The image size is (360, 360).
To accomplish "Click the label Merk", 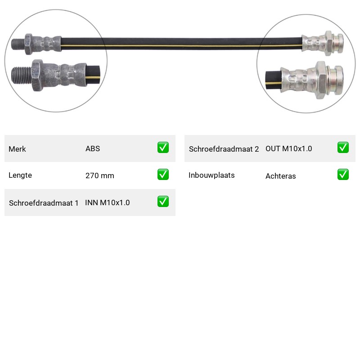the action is coord(17,149).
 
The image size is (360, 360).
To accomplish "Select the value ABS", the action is coord(93,148).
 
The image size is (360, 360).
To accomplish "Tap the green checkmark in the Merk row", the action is coord(163,148).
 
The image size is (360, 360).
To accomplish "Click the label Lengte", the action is coord(20,175).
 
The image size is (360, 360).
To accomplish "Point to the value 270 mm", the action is coord(100,175).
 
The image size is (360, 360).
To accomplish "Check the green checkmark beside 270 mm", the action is coord(163,175).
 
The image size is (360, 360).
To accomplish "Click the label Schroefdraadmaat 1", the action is coord(44,203).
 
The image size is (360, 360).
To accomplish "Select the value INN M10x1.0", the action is coord(108,202).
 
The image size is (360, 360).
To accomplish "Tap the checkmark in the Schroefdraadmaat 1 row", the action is coord(163,201).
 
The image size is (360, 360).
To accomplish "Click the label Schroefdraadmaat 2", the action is coord(224,149).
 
